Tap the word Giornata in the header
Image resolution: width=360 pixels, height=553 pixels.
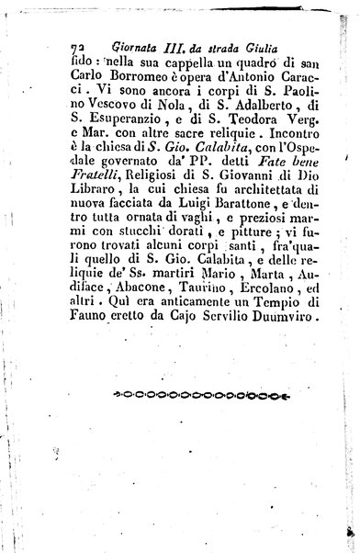(122, 40)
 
